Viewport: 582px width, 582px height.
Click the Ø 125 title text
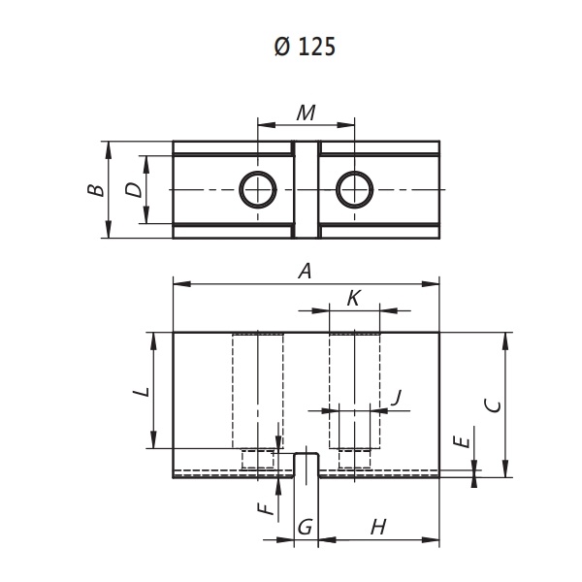click(x=305, y=47)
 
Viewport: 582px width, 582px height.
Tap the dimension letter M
click(x=307, y=113)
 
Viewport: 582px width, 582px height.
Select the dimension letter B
click(x=96, y=190)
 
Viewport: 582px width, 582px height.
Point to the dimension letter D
click(x=133, y=190)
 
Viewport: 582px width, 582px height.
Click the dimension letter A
click(x=306, y=271)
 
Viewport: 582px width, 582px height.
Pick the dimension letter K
click(x=354, y=298)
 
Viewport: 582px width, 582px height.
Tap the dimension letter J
click(x=397, y=398)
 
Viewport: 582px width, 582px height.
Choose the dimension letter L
click(x=142, y=392)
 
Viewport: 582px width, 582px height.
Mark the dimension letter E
click(x=462, y=441)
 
